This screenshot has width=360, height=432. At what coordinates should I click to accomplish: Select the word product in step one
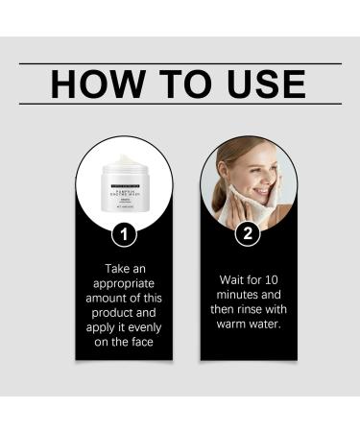coord(106,312)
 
